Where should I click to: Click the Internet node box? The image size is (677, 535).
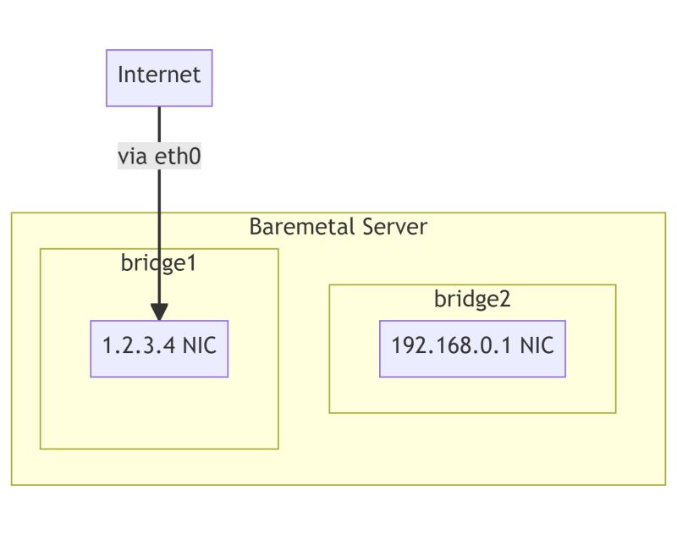pos(159,78)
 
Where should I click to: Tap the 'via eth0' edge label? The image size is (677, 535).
pos(159,157)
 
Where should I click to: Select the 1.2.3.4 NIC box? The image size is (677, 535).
pos(159,349)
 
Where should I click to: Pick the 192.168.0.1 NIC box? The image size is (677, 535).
pos(472,349)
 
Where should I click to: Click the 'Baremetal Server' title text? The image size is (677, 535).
pos(338,227)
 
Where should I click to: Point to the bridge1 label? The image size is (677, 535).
pos(158,262)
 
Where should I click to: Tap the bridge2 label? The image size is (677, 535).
pos(472,299)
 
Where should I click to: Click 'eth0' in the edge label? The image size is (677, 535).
pos(178,157)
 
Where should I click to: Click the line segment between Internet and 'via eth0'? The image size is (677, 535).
pos(159,125)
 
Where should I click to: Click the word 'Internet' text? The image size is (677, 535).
pos(159,74)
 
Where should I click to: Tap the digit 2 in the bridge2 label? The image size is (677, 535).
pos(505,299)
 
